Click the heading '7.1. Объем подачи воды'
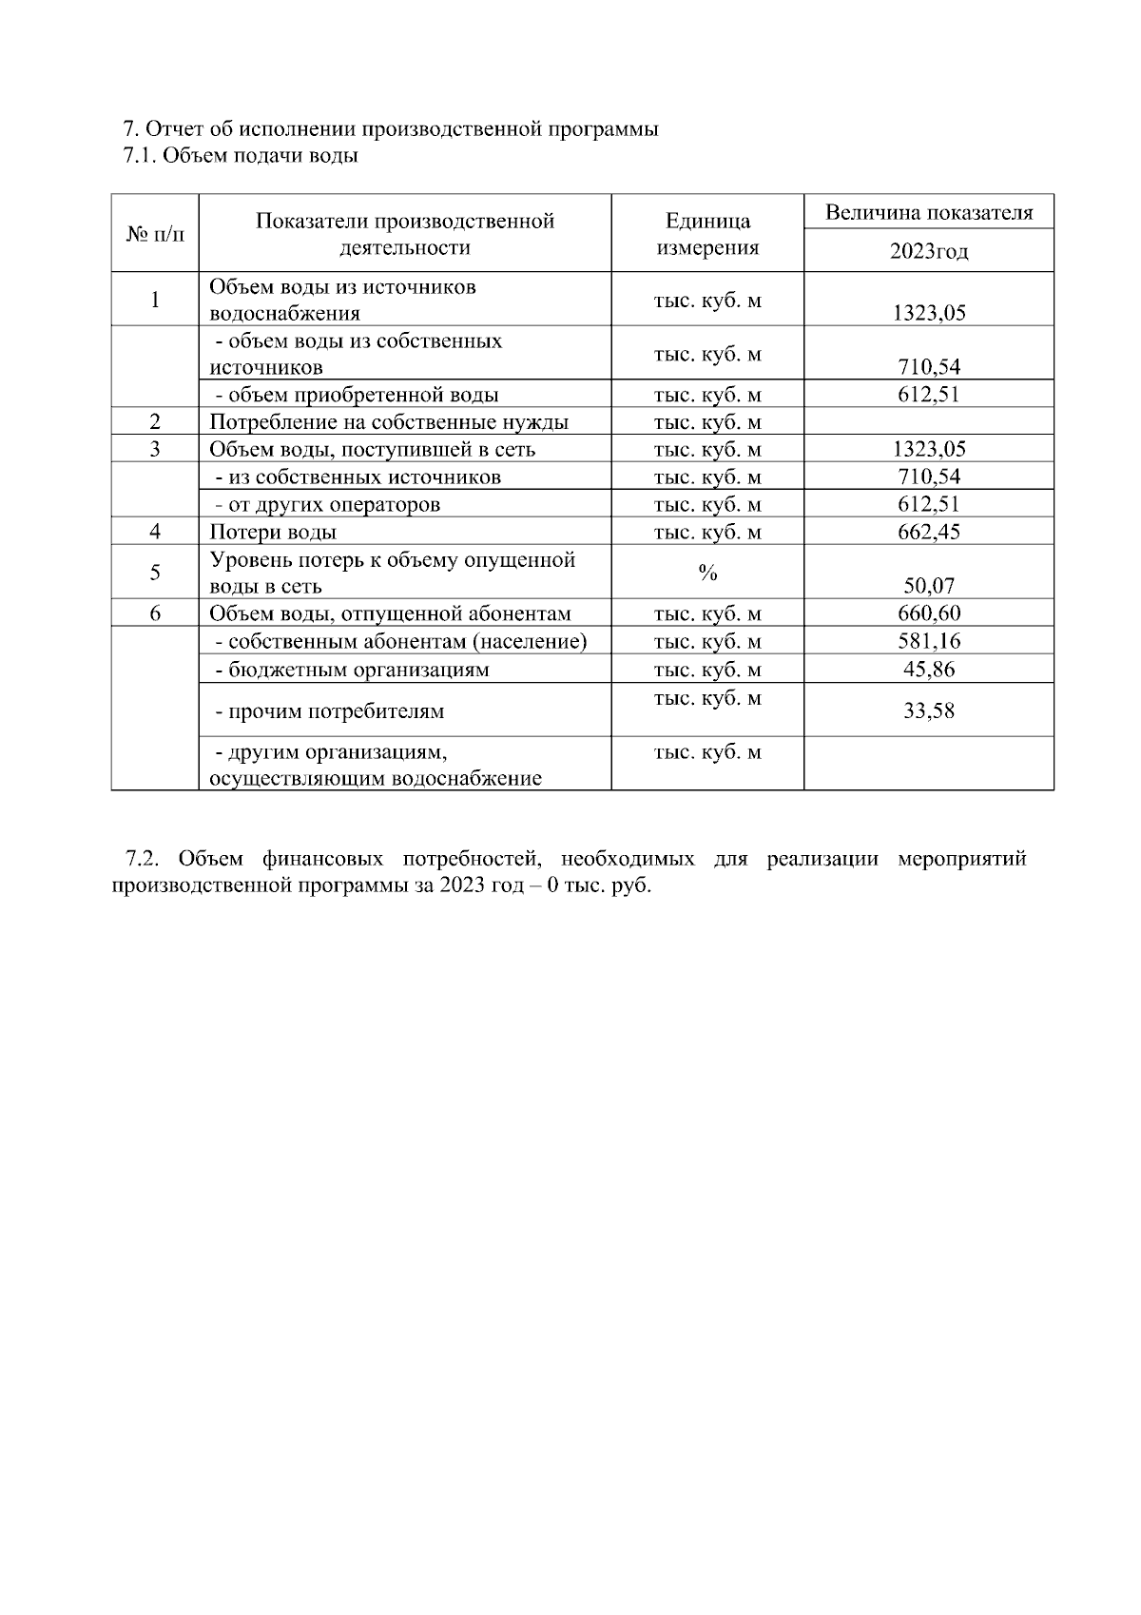tap(241, 156)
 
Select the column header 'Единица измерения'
tap(707, 234)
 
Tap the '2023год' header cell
tap(928, 251)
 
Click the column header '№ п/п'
tap(154, 234)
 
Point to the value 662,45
tap(928, 532)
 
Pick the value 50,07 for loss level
tap(928, 586)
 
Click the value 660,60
tap(928, 613)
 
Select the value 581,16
tap(928, 641)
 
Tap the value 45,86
tap(928, 669)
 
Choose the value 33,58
tap(928, 710)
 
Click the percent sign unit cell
tap(707, 573)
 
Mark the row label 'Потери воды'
tap(273, 533)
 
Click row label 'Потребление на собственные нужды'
tap(389, 422)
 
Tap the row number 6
tap(154, 613)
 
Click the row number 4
tap(154, 532)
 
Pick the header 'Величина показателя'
tap(928, 212)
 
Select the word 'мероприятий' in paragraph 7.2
tap(961, 859)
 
